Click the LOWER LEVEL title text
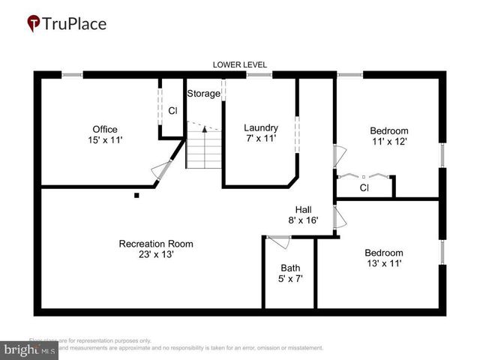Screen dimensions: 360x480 (239, 65)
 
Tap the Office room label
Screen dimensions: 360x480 (104, 129)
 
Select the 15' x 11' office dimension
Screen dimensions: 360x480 (104, 139)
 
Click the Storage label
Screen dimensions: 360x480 (203, 94)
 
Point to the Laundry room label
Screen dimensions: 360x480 (261, 127)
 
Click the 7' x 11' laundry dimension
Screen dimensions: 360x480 (261, 138)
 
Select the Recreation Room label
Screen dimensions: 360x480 (156, 244)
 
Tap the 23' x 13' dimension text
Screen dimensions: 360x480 (156, 254)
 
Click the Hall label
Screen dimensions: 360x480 (303, 210)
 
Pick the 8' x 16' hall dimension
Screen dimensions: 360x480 (303, 220)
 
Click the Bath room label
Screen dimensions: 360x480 (290, 268)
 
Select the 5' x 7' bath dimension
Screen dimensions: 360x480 (290, 278)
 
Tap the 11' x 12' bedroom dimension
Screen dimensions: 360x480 (388, 140)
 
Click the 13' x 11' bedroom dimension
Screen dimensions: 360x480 (384, 263)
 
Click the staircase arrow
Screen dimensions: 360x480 (205, 130)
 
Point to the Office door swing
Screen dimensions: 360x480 (160, 170)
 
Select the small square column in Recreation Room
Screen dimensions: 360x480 (136, 196)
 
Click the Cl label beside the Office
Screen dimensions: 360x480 (172, 111)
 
